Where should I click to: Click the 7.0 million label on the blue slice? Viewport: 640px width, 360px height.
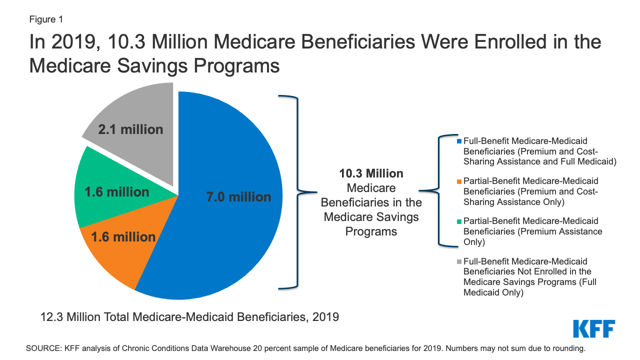pos(239,197)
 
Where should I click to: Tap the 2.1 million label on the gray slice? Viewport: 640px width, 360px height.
pos(131,129)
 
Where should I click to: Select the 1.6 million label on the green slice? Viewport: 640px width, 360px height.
pos(116,192)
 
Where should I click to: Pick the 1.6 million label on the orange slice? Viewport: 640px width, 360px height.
pos(123,236)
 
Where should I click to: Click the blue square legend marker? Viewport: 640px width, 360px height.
pos(459,141)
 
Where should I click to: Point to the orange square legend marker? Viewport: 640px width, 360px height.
pos(459,181)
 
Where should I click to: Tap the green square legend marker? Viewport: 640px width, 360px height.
pos(459,221)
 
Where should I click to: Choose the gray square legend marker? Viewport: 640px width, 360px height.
pos(459,261)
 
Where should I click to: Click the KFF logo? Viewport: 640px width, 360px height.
pos(593,328)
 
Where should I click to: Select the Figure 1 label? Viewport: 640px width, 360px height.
pos(45,19)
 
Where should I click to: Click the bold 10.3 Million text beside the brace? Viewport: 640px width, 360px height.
pos(371,174)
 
